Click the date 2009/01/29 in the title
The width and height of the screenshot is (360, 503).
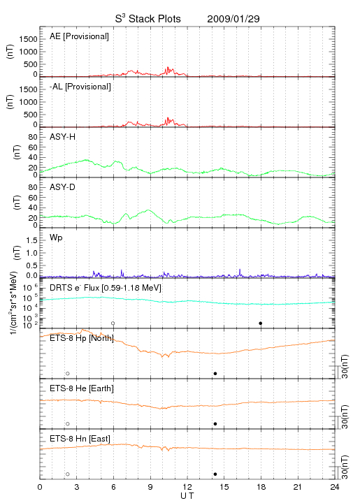pos(233,19)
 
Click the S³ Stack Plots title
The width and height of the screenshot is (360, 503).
pos(148,19)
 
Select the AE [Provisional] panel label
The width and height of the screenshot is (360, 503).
pos(79,36)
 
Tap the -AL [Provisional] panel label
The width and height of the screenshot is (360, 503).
pos(80,87)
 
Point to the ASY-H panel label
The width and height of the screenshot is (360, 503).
pos(63,137)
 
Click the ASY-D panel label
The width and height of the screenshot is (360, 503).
pos(63,187)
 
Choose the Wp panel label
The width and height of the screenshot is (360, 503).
pos(56,238)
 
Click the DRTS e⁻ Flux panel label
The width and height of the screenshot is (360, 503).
pos(106,288)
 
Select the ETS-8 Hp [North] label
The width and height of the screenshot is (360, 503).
pos(82,338)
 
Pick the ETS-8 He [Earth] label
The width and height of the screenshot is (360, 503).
pos(82,388)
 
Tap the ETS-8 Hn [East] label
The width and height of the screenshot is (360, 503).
pos(80,439)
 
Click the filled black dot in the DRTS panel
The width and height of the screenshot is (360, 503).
pos(261,323)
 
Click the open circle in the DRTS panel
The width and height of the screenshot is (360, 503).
pos(113,323)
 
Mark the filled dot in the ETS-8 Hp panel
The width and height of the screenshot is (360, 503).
pos(215,373)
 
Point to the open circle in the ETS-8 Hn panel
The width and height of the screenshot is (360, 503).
pos(68,474)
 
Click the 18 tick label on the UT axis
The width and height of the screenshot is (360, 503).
pos(261,487)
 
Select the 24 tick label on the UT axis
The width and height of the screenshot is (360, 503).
pos(335,487)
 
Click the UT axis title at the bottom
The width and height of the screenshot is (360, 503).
pos(187,496)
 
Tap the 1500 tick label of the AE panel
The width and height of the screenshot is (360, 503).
pos(28,39)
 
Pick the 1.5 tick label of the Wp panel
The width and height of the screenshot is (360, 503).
pos(31,240)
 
